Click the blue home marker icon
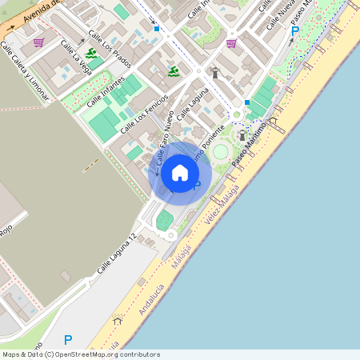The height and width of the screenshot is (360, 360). point(180,172)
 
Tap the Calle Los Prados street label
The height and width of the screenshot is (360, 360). point(110,50)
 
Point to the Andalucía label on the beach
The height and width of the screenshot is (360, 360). point(153,298)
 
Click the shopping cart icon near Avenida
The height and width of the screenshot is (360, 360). point(38,42)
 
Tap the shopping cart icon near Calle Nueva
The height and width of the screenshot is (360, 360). point(231,43)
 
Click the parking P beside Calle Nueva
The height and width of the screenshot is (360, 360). point(294,32)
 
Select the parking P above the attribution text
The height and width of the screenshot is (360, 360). point(68,339)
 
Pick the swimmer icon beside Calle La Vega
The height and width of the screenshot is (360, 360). point(92,54)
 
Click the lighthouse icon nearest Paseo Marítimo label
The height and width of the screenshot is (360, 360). point(242,136)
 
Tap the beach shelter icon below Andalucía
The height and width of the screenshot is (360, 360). point(118,321)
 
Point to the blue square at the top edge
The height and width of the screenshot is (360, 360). point(157,29)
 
